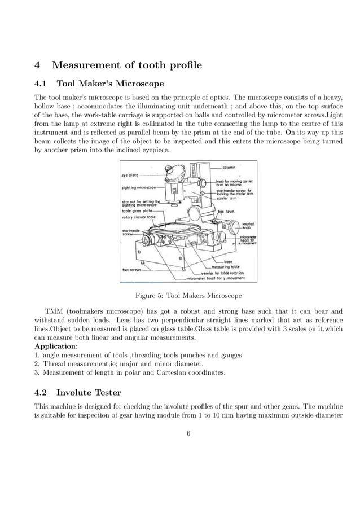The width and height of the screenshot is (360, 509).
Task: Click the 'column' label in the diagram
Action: point(229,168)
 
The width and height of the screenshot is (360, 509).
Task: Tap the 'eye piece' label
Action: point(130,175)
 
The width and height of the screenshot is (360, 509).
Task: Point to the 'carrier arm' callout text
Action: point(227,198)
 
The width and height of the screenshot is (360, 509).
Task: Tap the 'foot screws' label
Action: point(131,269)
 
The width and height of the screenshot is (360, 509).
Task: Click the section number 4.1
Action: point(42,84)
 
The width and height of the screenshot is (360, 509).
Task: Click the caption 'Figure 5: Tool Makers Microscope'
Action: point(188,295)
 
